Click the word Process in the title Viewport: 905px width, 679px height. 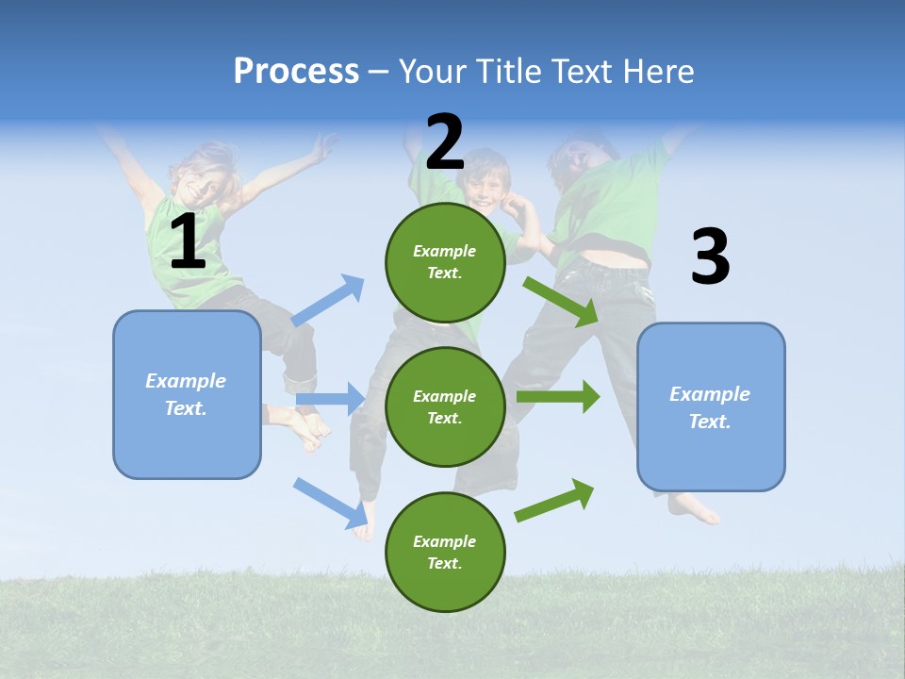(x=296, y=71)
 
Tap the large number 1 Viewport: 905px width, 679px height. (x=188, y=241)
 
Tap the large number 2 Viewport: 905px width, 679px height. (x=445, y=141)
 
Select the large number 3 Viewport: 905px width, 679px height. (x=710, y=257)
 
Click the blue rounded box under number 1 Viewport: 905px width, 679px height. (x=187, y=394)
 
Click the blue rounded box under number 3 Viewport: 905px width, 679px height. (x=711, y=406)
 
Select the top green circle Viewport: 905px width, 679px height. (x=445, y=262)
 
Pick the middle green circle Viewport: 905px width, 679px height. (x=445, y=406)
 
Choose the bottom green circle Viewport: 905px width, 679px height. (x=445, y=552)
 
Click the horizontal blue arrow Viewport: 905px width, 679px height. (x=330, y=399)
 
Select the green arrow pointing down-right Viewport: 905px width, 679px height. (x=562, y=301)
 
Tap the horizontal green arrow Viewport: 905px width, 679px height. (x=558, y=396)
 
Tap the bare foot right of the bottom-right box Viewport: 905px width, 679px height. (x=695, y=509)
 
